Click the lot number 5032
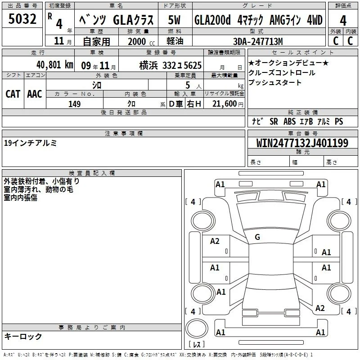point(22,19)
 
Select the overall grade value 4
point(343,21)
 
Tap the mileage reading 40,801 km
point(55,65)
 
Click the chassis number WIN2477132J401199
point(302,143)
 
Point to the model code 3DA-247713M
point(258,41)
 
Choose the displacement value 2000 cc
point(141,41)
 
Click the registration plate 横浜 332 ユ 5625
point(171,66)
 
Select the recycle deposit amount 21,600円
point(228,104)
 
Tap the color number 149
point(74,104)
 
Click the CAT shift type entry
point(13,94)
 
